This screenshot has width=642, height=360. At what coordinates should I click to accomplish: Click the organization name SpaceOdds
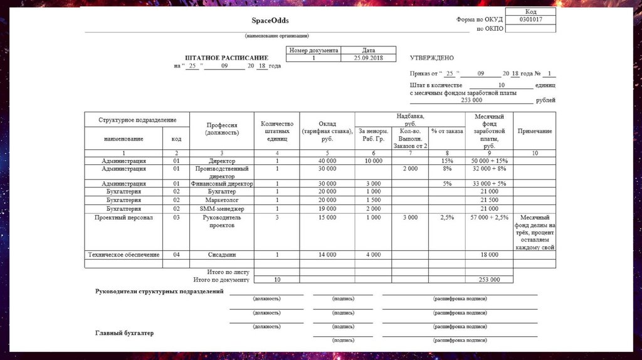270,21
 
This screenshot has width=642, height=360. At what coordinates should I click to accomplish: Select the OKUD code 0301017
530,19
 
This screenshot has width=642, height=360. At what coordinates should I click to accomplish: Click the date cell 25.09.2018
369,58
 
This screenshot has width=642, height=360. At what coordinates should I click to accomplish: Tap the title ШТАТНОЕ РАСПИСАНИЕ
226,58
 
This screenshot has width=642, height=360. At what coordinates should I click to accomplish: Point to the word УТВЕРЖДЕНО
431,58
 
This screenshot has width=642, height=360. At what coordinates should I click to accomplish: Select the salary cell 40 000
327,161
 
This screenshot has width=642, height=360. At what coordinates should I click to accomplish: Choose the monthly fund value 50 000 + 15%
489,161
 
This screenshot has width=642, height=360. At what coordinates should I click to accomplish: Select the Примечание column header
534,131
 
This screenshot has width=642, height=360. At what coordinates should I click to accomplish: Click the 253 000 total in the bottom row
489,280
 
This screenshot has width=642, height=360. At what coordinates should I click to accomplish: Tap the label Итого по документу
221,280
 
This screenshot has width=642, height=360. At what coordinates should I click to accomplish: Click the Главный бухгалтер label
124,333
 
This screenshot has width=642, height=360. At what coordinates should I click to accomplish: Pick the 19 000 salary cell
327,208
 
